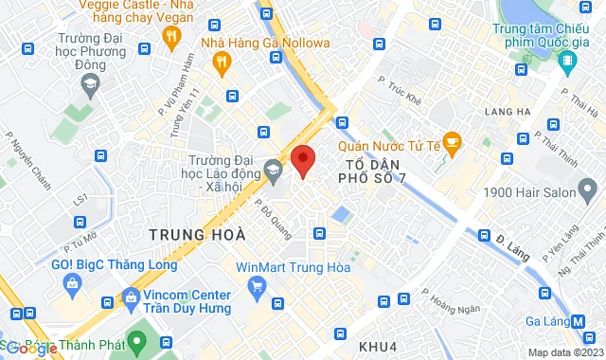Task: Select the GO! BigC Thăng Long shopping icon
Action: (73, 283)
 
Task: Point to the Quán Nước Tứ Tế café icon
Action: (452, 142)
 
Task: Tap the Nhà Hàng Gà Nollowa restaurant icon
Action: (222, 63)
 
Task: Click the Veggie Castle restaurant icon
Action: (171, 37)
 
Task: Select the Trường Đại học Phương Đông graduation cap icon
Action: (89, 83)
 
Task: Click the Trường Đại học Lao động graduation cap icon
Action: (273, 171)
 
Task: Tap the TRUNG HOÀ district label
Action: (196, 233)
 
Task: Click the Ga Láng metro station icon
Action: (578, 321)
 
